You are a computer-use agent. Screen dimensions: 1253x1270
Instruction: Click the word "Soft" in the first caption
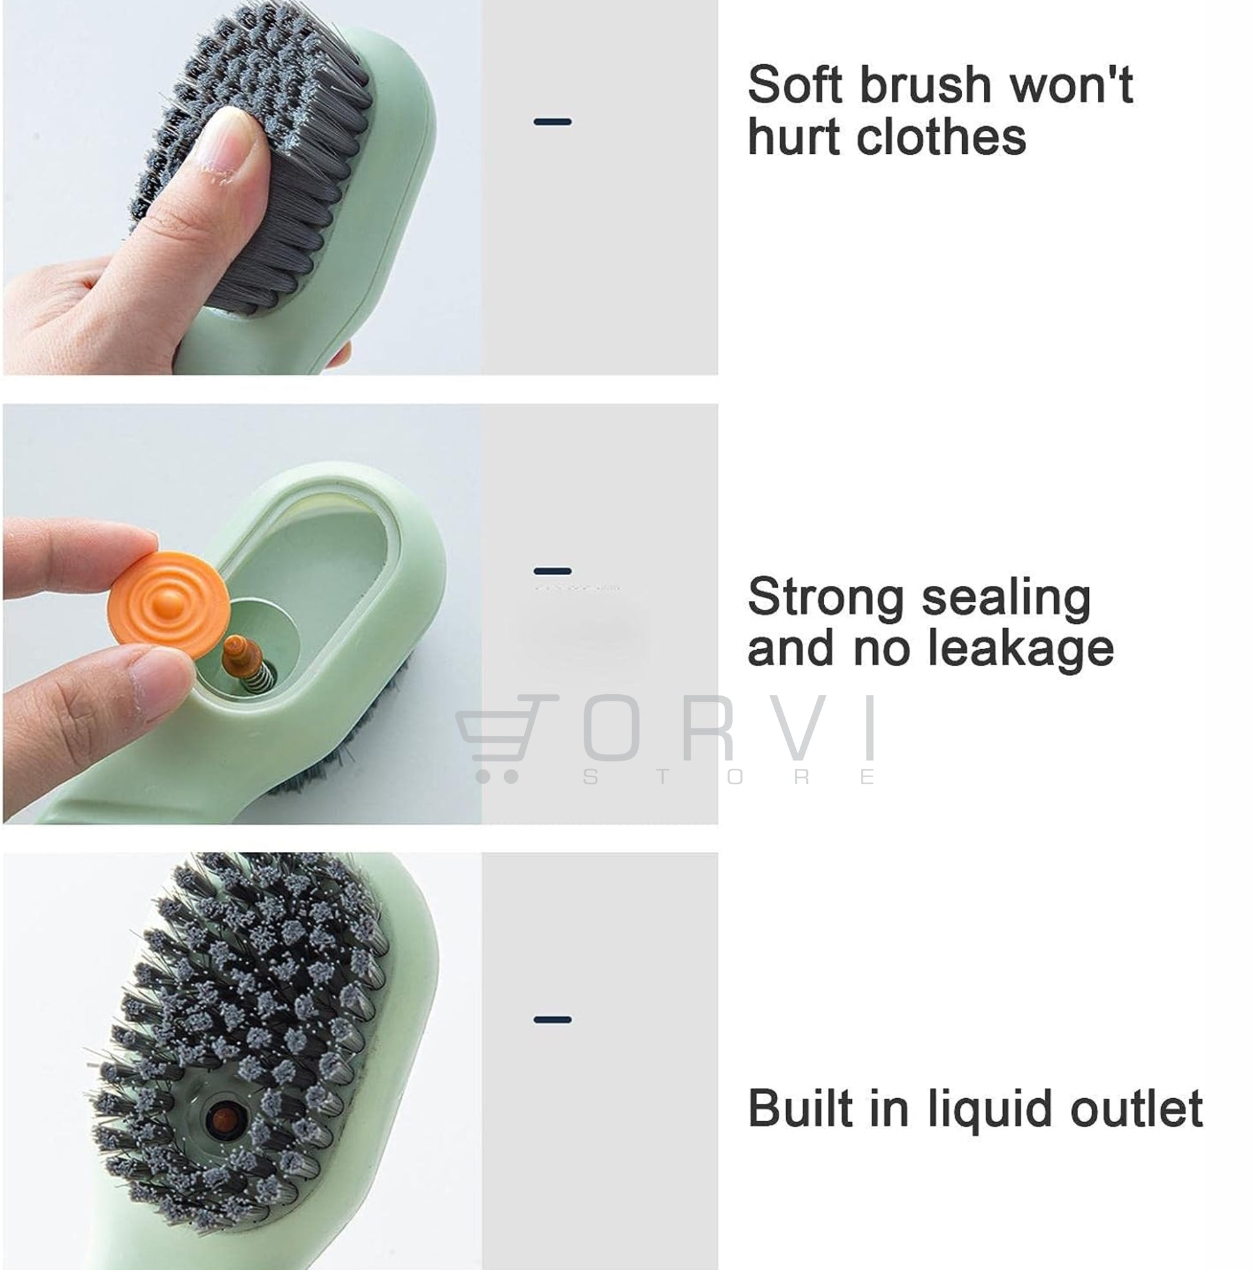[x=795, y=85]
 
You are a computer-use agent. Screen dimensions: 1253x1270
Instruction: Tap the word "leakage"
[x=1021, y=649]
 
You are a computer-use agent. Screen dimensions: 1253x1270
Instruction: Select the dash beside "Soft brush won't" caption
[x=552, y=122]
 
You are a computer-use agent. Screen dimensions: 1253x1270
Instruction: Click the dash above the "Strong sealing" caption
[x=552, y=571]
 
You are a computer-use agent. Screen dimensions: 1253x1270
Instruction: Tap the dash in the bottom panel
[x=552, y=1020]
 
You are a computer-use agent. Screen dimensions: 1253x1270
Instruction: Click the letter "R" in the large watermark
[x=708, y=727]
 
